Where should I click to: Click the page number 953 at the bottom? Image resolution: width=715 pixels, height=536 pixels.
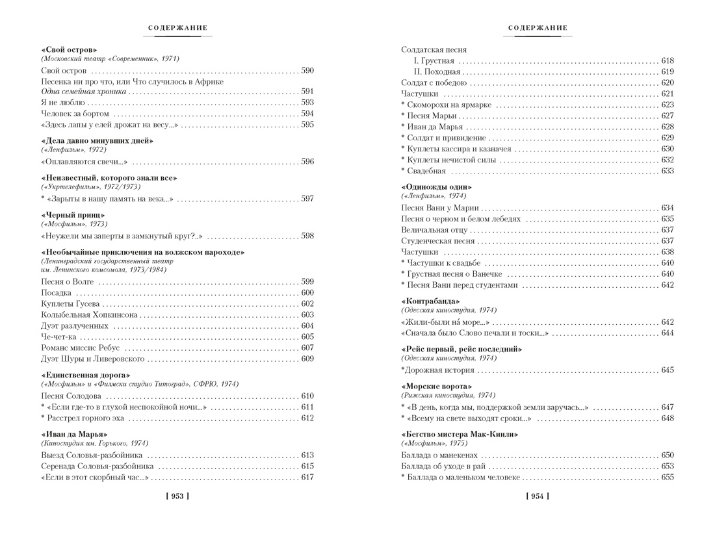tap(177, 496)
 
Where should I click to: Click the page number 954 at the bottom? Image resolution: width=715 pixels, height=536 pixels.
tap(537, 496)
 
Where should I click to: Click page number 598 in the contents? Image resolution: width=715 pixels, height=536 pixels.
tap(307, 236)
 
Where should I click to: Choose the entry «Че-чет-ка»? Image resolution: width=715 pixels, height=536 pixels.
tap(58, 337)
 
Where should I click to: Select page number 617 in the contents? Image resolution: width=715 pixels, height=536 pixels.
tap(307, 478)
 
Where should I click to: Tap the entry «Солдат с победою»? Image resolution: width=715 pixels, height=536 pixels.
tap(434, 83)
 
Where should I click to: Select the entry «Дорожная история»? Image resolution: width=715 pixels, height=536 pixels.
tap(438, 370)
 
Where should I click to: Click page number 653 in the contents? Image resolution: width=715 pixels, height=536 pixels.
tap(668, 466)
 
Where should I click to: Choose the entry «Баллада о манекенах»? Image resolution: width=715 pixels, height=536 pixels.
tap(439, 455)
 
